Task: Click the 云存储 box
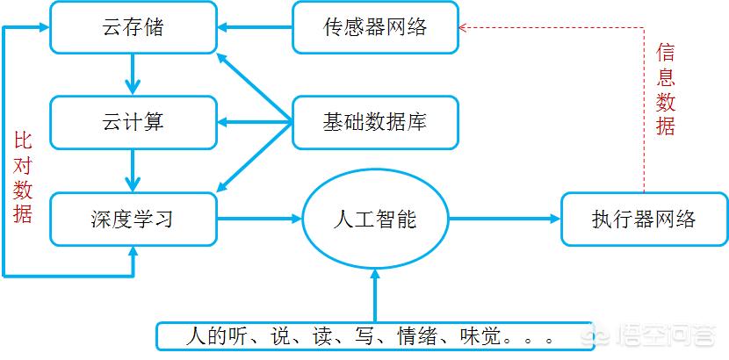point(134,27)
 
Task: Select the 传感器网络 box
point(375,27)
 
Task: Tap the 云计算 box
point(134,123)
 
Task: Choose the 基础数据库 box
point(375,123)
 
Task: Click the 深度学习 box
point(134,219)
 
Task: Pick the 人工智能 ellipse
point(375,219)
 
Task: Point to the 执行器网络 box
point(645,219)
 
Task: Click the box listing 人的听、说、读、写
point(375,335)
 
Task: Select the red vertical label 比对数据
point(22,178)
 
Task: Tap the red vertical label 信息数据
point(665,90)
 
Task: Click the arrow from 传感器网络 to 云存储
point(255,27)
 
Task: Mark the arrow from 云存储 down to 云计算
point(134,75)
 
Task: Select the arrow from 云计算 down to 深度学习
point(134,170)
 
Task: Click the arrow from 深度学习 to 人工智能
point(260,219)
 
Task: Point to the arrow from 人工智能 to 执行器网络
point(504,219)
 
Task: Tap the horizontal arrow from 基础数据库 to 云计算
point(255,123)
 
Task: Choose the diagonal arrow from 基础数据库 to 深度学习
point(255,157)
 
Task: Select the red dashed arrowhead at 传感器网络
point(463,27)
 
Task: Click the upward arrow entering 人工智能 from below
point(375,295)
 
